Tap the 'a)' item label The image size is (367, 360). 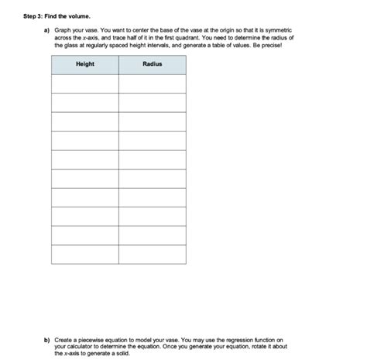click(x=46, y=29)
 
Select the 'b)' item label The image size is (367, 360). click(x=46, y=338)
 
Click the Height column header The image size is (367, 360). click(x=85, y=64)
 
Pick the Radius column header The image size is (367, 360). click(x=153, y=64)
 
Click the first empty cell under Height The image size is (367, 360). click(x=85, y=84)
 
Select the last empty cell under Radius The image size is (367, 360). click(x=153, y=254)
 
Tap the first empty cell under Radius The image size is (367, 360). click(x=153, y=84)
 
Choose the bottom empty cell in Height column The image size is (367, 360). click(x=85, y=254)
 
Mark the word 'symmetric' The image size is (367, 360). click(x=280, y=29)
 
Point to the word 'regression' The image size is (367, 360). click(x=233, y=338)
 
